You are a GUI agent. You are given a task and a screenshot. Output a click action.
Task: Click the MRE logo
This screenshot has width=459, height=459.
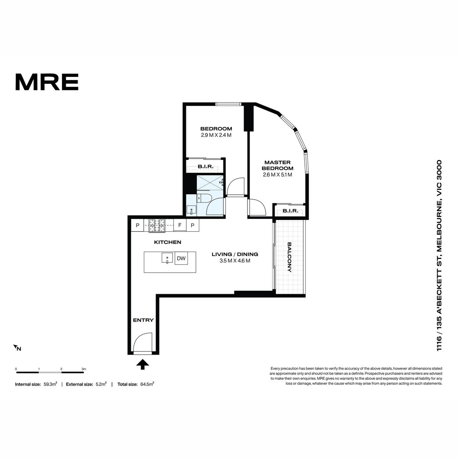pyautogui.click(x=47, y=82)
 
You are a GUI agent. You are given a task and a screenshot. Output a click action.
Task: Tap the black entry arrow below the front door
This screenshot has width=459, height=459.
pyautogui.click(x=142, y=364)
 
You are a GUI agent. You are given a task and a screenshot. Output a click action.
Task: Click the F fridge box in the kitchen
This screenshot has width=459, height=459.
pyautogui.click(x=180, y=225)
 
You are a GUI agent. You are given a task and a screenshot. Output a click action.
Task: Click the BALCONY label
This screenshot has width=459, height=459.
pyautogui.click(x=290, y=257)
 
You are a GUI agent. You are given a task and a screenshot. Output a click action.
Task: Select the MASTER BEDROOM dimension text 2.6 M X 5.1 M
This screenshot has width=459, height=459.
pyautogui.click(x=277, y=175)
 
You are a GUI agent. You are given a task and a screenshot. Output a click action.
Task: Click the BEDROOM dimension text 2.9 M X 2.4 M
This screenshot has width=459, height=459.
pyautogui.click(x=216, y=135)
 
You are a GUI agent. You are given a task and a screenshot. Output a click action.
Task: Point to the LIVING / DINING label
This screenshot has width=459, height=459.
pyautogui.click(x=235, y=254)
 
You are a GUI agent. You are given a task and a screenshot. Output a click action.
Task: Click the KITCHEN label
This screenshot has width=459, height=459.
pyautogui.click(x=168, y=242)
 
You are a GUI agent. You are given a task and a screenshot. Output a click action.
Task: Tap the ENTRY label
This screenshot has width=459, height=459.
pyautogui.click(x=143, y=320)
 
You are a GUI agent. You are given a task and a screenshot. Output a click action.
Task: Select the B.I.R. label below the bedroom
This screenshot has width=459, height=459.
pyautogui.click(x=205, y=166)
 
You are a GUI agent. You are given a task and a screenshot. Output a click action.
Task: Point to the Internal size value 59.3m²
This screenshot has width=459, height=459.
pyautogui.click(x=50, y=384)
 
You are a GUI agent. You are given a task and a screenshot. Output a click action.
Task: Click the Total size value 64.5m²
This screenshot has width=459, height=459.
pyautogui.click(x=147, y=384)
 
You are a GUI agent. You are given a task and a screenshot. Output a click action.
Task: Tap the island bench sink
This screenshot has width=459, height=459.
pyautogui.click(x=168, y=258)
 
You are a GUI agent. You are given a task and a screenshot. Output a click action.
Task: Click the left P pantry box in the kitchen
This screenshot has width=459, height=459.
pyautogui.click(x=137, y=225)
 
